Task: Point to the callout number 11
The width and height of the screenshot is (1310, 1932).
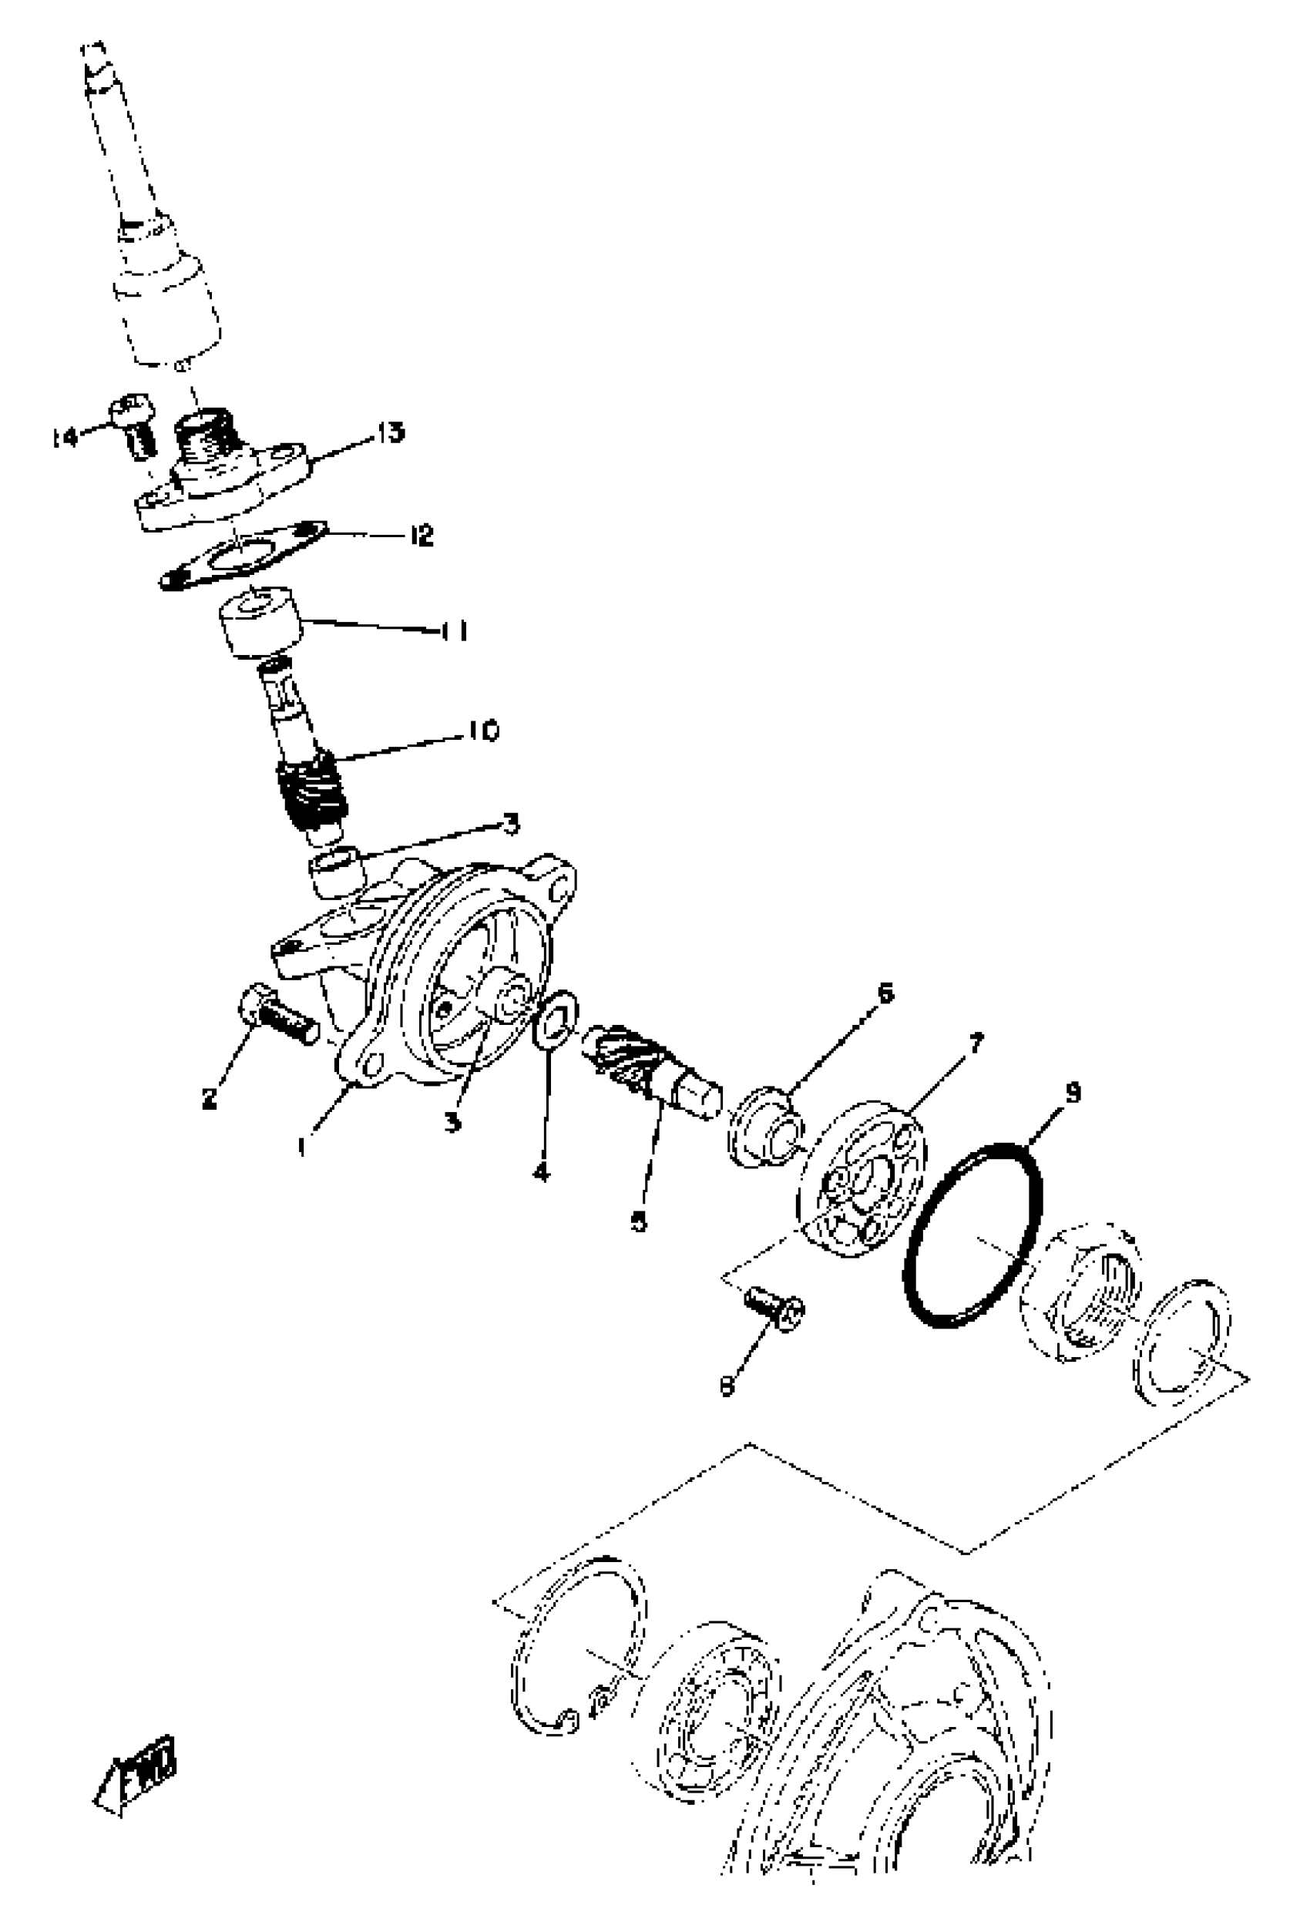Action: (x=453, y=632)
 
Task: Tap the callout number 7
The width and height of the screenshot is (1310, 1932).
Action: (x=975, y=1043)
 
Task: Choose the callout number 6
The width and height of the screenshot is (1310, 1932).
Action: (x=885, y=993)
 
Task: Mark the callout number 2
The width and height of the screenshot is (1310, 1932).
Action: (x=210, y=1098)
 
